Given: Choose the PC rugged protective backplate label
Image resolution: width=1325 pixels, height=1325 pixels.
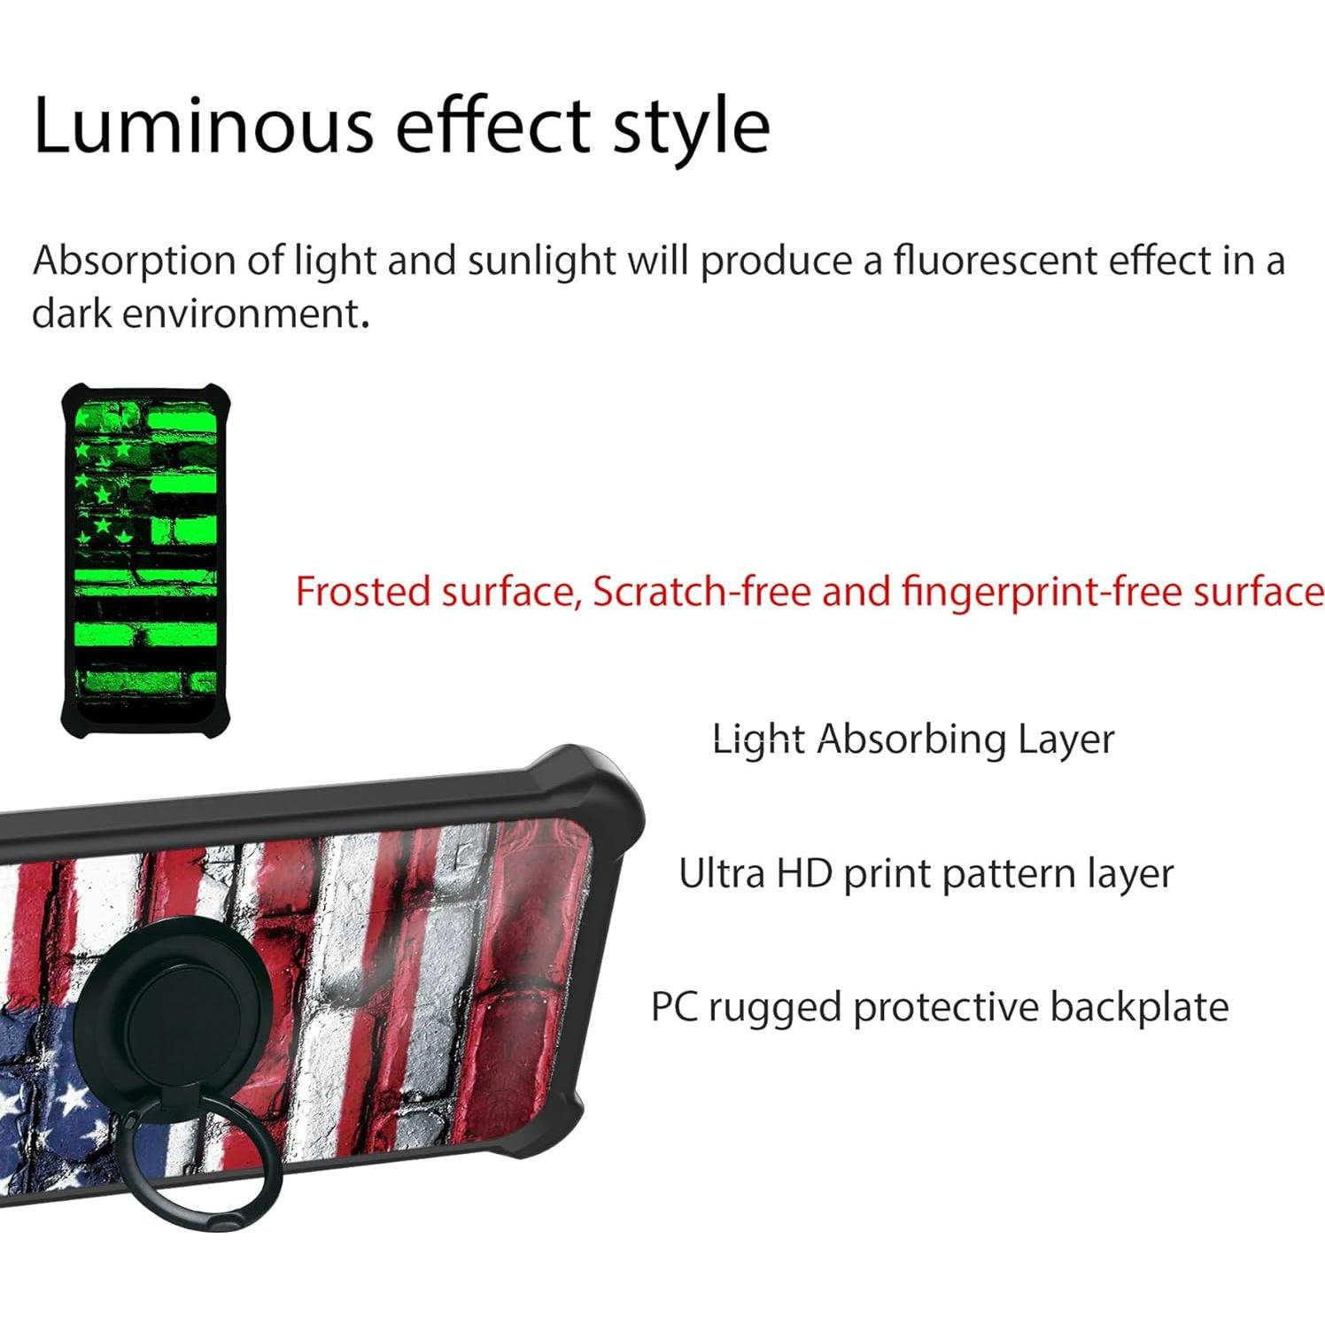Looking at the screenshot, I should pos(939,1008).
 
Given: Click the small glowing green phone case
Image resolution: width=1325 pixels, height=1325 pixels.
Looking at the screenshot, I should pos(145,558).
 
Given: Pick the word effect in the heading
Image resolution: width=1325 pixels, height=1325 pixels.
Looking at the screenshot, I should pos(492,126).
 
